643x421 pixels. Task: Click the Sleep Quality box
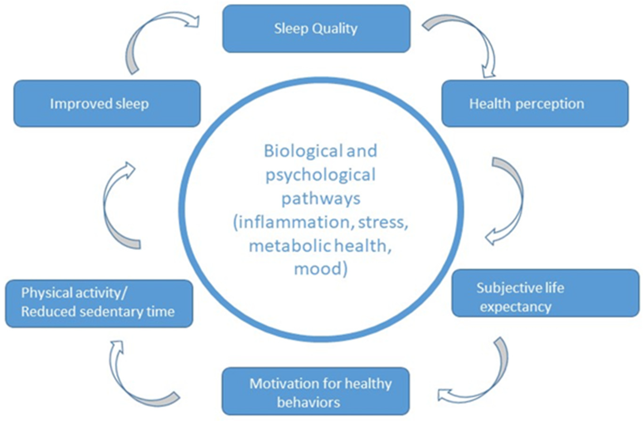(x=316, y=29)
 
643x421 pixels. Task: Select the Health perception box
(x=535, y=104)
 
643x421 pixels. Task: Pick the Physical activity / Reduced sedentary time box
(x=99, y=303)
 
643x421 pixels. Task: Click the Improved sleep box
(x=107, y=104)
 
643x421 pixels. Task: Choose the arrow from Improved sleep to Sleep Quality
(x=151, y=35)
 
